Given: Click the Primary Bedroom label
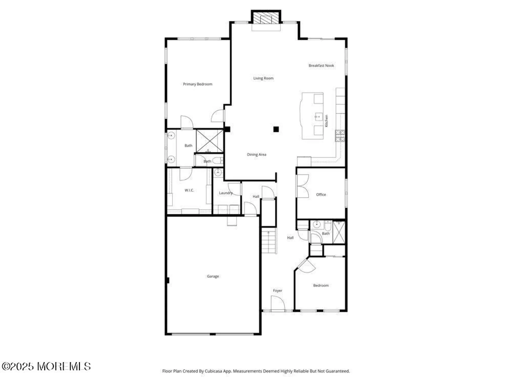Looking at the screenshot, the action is pos(198,84).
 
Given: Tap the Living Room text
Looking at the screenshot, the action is pos(263,78).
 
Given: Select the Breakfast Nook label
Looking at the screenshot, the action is pos(321,66).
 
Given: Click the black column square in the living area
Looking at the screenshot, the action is pos(276,129).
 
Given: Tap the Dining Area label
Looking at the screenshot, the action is pos(257,154).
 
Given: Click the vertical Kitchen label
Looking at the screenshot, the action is pos(326,121).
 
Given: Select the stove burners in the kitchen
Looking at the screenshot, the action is pos(340,136).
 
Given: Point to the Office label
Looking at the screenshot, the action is pos(321,195).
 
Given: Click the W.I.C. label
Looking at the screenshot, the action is pos(189,190).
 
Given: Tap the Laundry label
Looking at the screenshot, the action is pos(226,193).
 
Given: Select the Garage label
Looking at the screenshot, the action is pos(213,276).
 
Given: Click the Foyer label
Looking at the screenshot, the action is pos(278,291).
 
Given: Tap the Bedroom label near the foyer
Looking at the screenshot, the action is pos(321,285).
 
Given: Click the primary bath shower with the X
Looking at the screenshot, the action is pos(210,141).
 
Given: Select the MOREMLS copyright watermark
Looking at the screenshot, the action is pos(46,366).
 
